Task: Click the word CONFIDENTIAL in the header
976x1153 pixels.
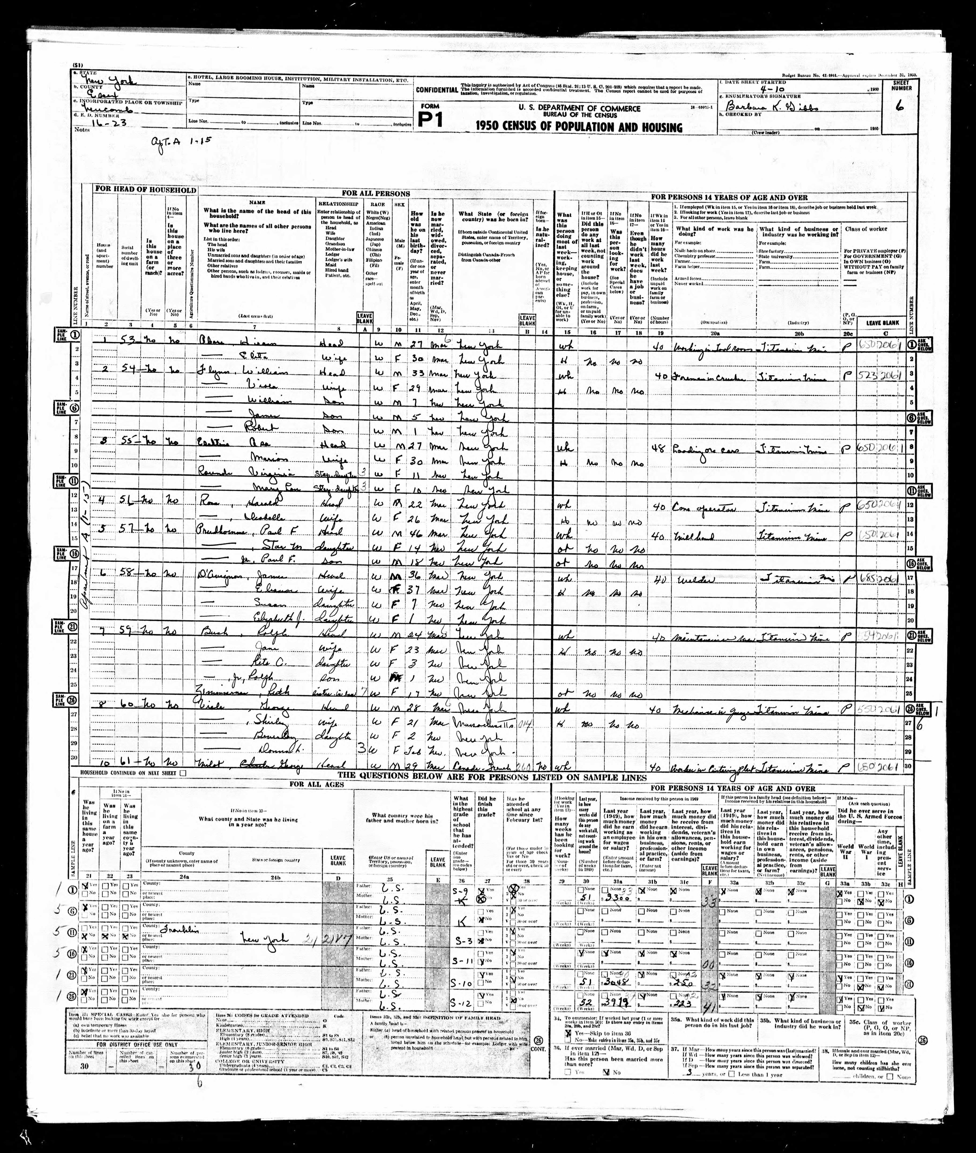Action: pyautogui.click(x=437, y=90)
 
